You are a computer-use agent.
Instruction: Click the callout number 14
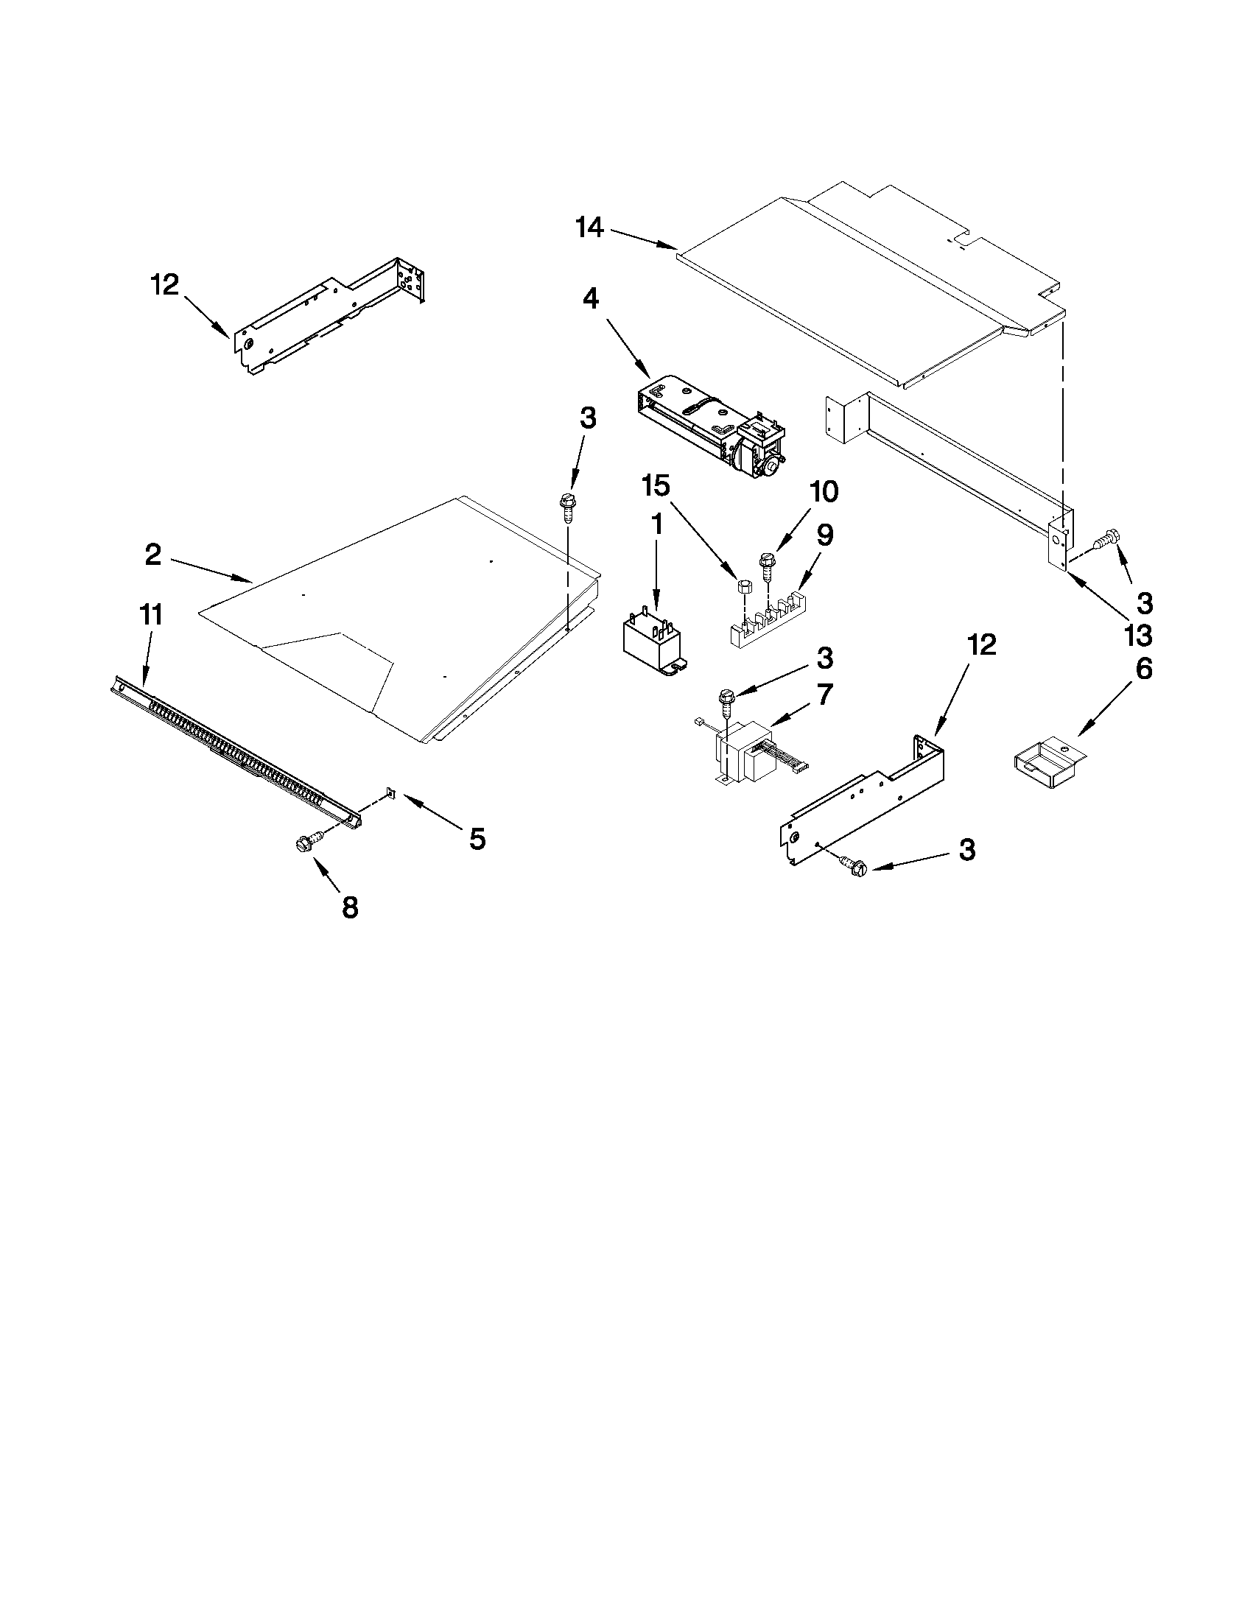tap(590, 227)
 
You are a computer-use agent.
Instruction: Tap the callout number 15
tap(656, 487)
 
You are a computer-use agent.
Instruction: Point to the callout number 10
tap(824, 491)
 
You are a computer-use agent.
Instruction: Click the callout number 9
tap(825, 535)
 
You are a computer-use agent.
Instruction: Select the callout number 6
tap(1143, 669)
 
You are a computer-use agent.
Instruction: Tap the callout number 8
tap(349, 907)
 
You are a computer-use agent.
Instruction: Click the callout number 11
tap(151, 616)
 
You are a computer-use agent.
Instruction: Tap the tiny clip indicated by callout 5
tap(390, 795)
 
